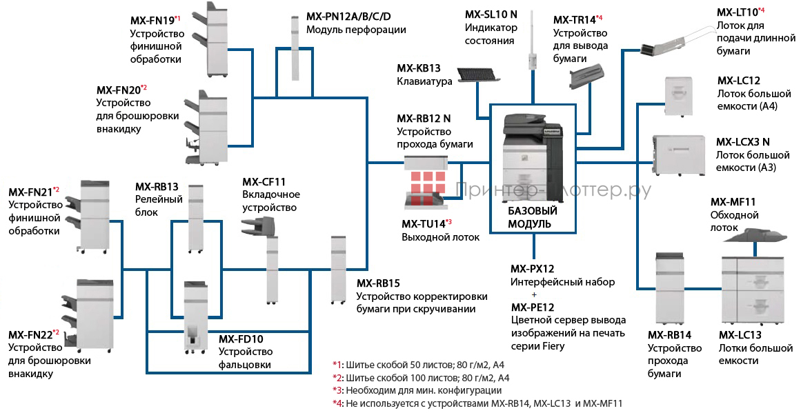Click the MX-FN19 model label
pos(152,21)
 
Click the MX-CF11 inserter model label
pos(264,182)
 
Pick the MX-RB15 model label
pos(378,283)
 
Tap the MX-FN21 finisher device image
pos(95,215)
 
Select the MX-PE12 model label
pos(532,307)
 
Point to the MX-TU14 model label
pos(423,223)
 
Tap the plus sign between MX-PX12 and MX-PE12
pos(533,294)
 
